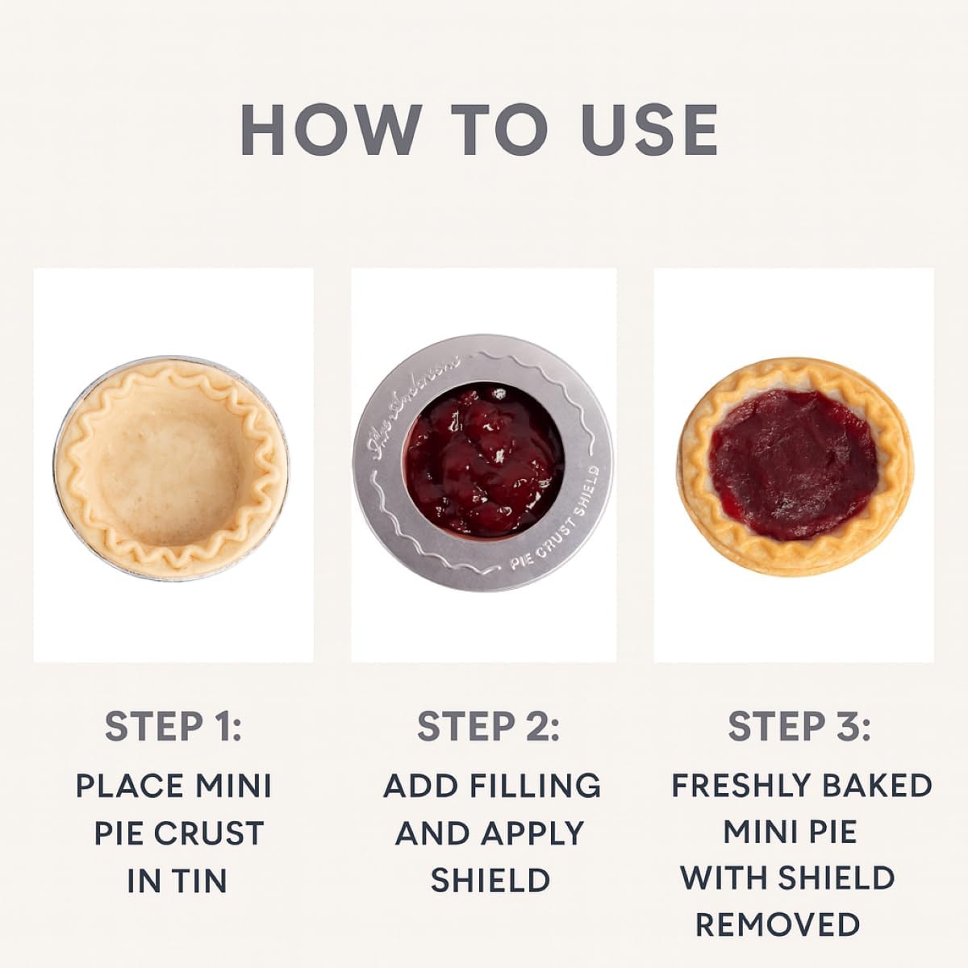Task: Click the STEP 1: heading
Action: [x=173, y=726]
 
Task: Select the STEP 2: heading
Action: [x=488, y=726]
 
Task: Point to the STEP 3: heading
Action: [x=799, y=726]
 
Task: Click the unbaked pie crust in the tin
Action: [x=171, y=468]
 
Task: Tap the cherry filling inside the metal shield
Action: [x=482, y=463]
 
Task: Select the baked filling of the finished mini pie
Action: [x=795, y=464]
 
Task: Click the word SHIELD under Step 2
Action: [x=490, y=881]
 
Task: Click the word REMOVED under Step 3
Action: [x=778, y=925]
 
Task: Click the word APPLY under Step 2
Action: [x=534, y=833]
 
